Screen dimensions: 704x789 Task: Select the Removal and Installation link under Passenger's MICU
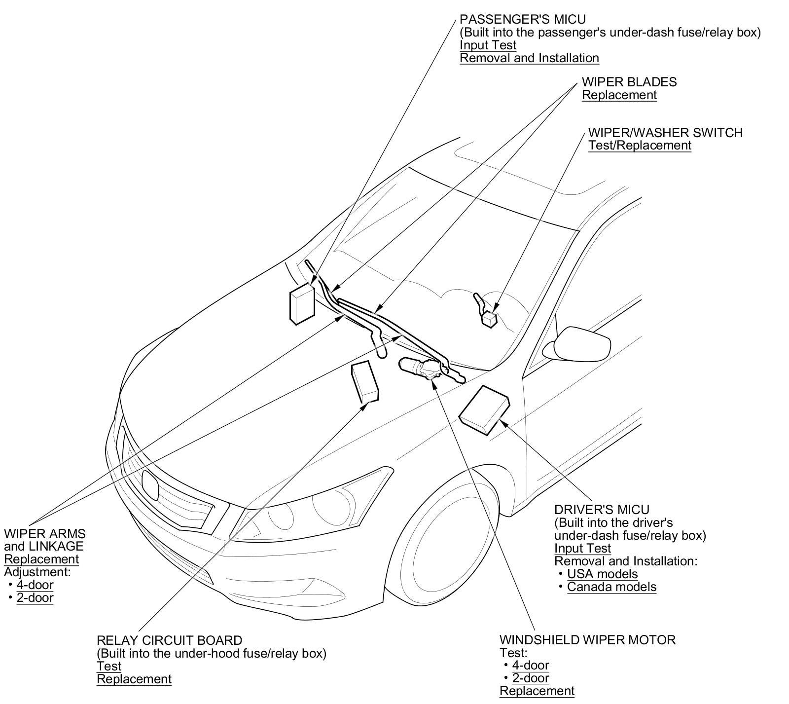(x=529, y=58)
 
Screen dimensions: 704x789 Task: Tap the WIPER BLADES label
(x=629, y=82)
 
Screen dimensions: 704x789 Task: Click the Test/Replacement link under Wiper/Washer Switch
(x=640, y=146)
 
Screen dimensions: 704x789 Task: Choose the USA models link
(x=602, y=574)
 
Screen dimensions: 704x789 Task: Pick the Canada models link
(x=611, y=587)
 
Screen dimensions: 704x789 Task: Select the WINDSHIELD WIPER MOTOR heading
(x=587, y=640)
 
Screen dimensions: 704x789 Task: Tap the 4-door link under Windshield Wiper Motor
(x=530, y=666)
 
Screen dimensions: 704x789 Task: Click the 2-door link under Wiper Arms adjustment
(x=35, y=598)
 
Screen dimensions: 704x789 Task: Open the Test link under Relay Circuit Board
(x=109, y=667)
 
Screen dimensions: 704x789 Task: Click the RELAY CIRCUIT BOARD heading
(x=169, y=641)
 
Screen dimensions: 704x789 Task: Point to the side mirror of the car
(x=577, y=343)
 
